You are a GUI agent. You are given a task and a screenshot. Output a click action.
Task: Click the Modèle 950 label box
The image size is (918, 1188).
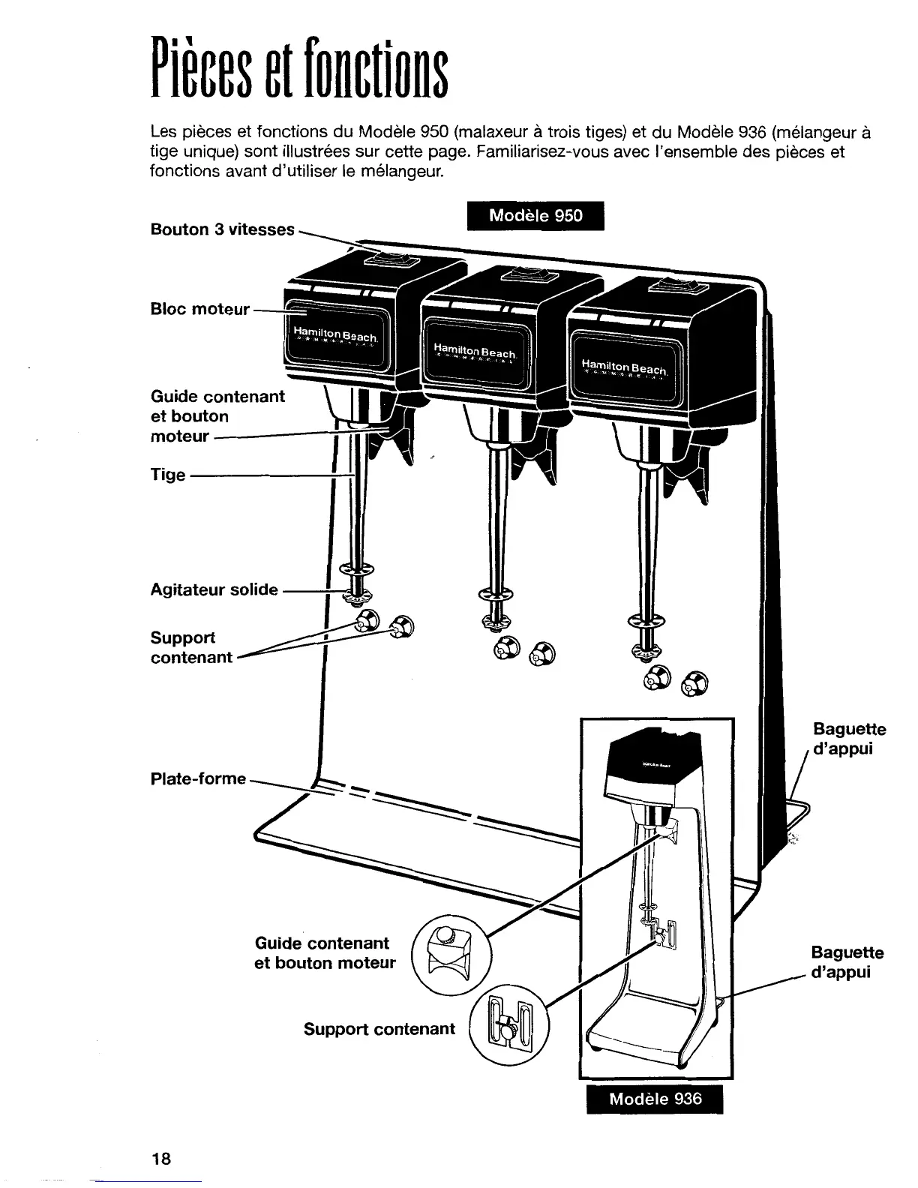535,216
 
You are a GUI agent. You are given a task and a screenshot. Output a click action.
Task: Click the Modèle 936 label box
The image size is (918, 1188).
655,1099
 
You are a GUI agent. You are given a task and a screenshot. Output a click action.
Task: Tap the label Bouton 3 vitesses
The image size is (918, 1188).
223,229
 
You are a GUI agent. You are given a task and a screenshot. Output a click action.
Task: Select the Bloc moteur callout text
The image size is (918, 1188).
199,309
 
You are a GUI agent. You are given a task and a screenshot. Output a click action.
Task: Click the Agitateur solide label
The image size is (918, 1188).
214,589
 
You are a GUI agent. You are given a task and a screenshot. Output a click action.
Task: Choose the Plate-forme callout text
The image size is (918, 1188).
198,778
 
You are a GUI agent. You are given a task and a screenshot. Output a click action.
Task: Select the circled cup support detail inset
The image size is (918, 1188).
509,1021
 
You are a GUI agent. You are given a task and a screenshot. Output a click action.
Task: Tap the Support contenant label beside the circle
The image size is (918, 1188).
379,1029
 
